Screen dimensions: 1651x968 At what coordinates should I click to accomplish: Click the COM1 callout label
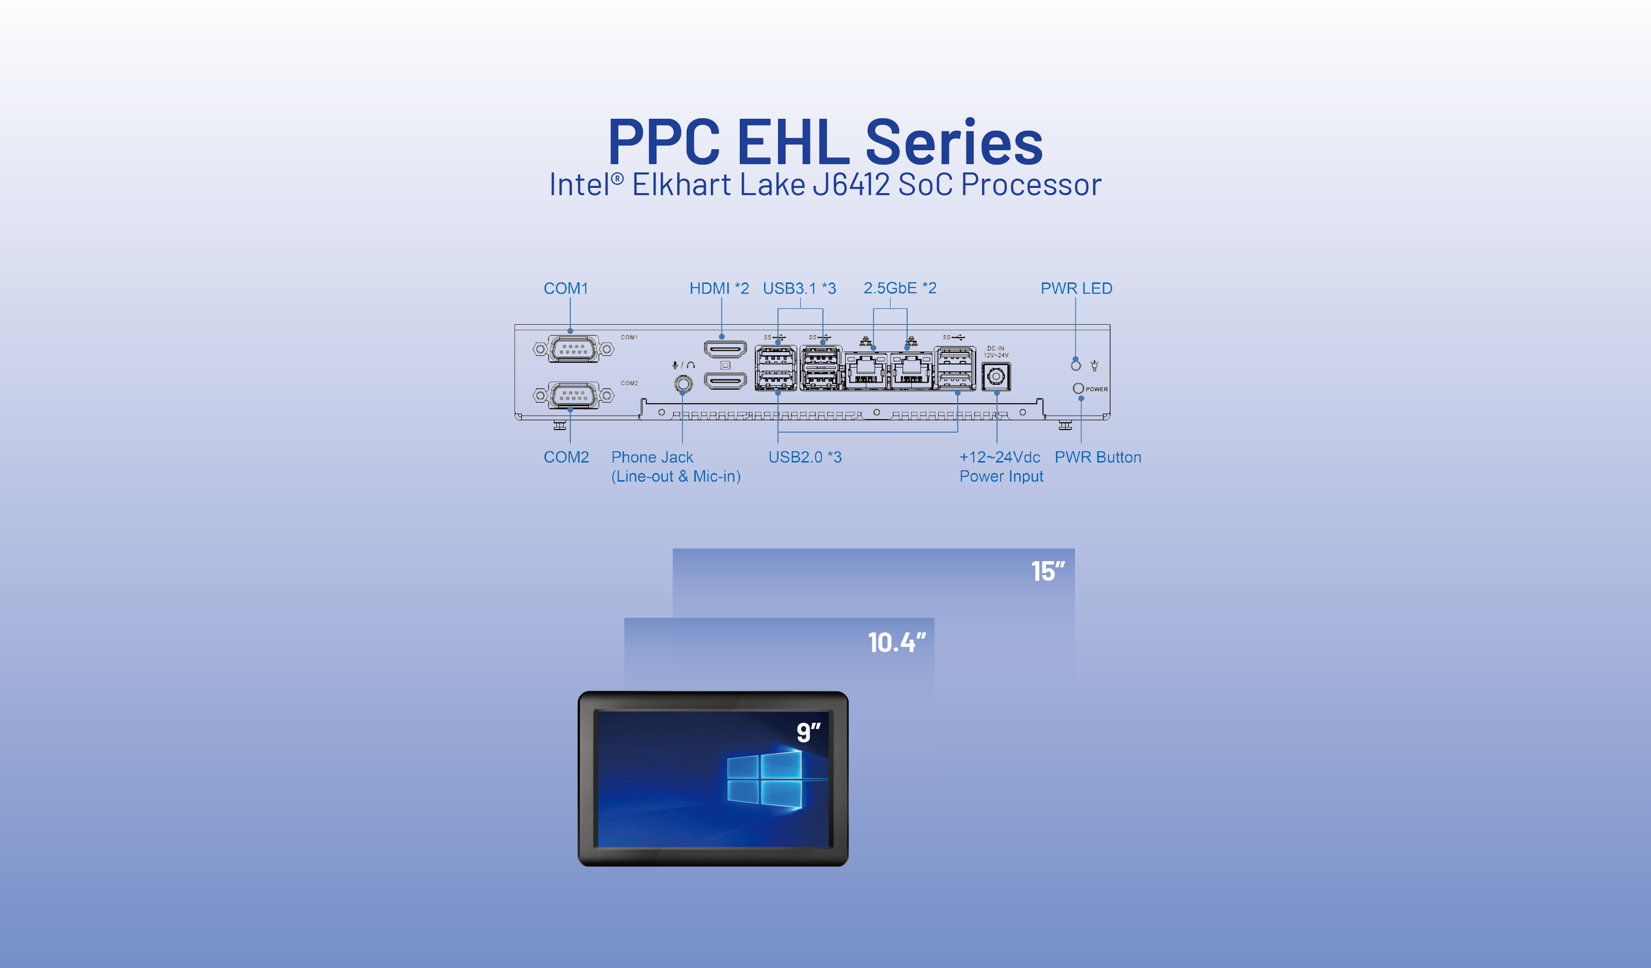[566, 288]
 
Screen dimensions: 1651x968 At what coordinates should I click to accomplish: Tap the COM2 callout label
[566, 457]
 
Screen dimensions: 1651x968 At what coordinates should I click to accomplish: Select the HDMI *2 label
[719, 288]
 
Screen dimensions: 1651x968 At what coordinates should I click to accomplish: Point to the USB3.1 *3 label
[799, 288]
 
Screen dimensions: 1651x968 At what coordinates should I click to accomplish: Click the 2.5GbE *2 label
[899, 288]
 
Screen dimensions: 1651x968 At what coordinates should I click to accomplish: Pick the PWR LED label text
[1077, 288]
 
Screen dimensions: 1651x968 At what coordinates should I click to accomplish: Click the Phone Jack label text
[652, 457]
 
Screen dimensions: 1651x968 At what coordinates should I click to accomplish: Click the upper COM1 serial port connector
[573, 349]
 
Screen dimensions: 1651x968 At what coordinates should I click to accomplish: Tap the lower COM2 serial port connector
[573, 395]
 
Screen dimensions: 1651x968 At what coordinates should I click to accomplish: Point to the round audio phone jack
[683, 383]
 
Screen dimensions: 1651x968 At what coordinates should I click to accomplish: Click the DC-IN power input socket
[996, 376]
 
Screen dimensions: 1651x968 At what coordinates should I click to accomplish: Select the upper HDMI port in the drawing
[725, 348]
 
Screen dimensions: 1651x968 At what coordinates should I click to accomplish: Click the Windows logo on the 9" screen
[765, 780]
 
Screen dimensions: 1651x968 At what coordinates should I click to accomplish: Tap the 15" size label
[1048, 571]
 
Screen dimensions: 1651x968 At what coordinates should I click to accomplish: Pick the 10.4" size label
[897, 643]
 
